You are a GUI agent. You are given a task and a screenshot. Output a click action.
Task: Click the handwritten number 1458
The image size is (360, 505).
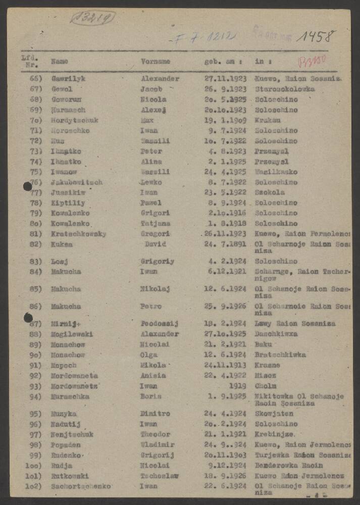[316, 36]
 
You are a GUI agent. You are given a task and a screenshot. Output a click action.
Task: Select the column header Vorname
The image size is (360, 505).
[155, 62]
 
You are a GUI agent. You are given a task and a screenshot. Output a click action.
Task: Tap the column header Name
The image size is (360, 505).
[60, 62]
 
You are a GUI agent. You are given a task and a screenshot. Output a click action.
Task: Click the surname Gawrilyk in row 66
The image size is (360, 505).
[69, 79]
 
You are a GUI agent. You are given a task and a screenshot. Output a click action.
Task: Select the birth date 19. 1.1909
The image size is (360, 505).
[225, 120]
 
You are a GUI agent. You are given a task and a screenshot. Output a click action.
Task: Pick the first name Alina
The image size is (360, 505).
[151, 162]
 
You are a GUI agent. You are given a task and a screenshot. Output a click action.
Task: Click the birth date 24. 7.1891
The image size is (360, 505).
[225, 244]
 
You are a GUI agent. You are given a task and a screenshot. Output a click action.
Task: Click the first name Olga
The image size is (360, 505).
[149, 355]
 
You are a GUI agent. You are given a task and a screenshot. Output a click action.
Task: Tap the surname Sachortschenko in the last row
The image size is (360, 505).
[81, 486]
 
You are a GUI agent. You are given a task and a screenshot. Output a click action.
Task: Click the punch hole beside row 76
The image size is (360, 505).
[28, 186]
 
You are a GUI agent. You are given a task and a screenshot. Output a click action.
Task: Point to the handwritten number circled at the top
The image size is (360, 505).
[92, 18]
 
